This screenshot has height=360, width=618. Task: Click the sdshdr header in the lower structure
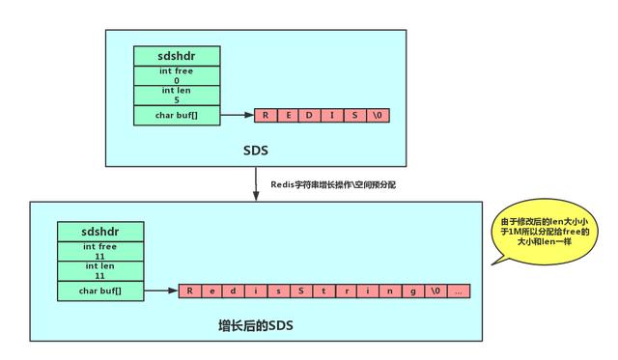pos(100,232)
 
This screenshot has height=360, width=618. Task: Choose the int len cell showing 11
pos(100,271)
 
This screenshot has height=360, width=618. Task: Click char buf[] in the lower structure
pos(100,291)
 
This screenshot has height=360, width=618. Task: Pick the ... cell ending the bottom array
pos(458,291)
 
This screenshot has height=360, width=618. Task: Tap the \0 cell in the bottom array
pos(435,291)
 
